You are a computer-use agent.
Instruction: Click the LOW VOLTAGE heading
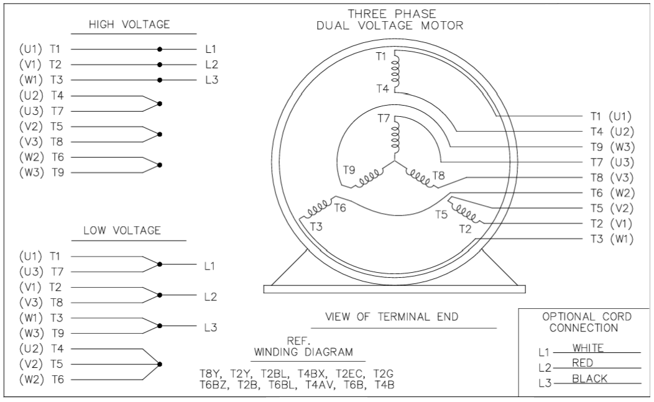(x=122, y=231)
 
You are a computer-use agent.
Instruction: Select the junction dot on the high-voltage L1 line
(x=160, y=48)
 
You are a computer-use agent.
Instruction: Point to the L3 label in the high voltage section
(x=211, y=80)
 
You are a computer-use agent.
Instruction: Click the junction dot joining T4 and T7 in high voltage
(x=160, y=103)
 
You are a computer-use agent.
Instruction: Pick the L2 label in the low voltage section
(x=210, y=296)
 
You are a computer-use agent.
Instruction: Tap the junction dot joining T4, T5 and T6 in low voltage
(x=160, y=363)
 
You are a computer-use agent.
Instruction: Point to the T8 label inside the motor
(x=438, y=175)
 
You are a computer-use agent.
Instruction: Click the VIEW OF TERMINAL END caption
(x=392, y=317)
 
